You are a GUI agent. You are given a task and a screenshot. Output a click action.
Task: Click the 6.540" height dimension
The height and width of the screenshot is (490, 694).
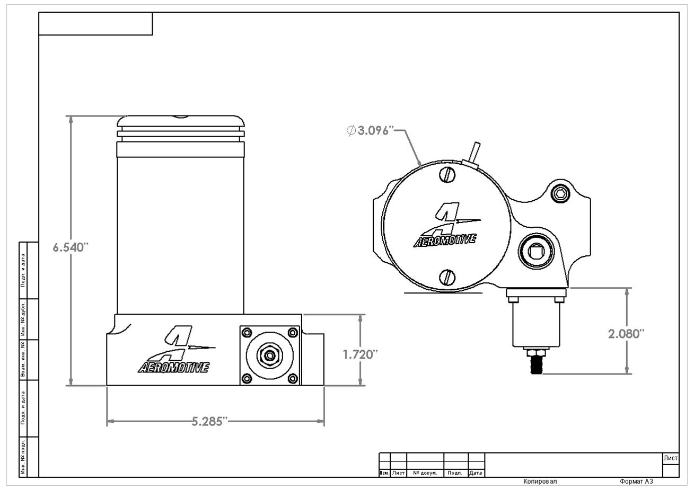[x=69, y=247]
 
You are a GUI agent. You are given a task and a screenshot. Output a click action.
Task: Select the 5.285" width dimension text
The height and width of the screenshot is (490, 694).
[x=209, y=422]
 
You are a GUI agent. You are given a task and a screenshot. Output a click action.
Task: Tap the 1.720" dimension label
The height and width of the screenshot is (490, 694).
[x=360, y=354]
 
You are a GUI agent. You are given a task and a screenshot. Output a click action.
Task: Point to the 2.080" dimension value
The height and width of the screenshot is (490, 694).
[x=626, y=334]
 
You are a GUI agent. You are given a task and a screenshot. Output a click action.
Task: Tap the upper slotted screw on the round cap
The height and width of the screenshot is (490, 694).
[x=448, y=175]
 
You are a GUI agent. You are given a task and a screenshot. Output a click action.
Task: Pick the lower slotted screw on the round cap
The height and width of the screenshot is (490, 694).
[x=448, y=277]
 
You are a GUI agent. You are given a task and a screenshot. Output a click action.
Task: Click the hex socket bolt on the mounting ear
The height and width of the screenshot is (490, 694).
[x=558, y=194]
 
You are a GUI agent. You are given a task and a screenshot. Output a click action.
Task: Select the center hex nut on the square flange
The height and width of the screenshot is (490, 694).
[x=270, y=354]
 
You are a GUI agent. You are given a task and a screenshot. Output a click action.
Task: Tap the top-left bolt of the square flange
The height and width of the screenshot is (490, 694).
[x=246, y=332]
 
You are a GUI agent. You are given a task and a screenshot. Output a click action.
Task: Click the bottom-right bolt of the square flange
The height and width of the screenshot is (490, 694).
[x=292, y=378]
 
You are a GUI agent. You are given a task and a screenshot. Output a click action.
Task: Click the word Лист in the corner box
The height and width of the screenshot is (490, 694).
[x=671, y=458]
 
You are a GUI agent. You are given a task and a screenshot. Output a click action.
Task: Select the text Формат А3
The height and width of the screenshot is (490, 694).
[x=636, y=482]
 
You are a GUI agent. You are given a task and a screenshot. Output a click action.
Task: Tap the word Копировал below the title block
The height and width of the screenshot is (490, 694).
[x=540, y=482]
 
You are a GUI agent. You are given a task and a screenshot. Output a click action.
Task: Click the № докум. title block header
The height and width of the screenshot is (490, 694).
[x=425, y=473]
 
